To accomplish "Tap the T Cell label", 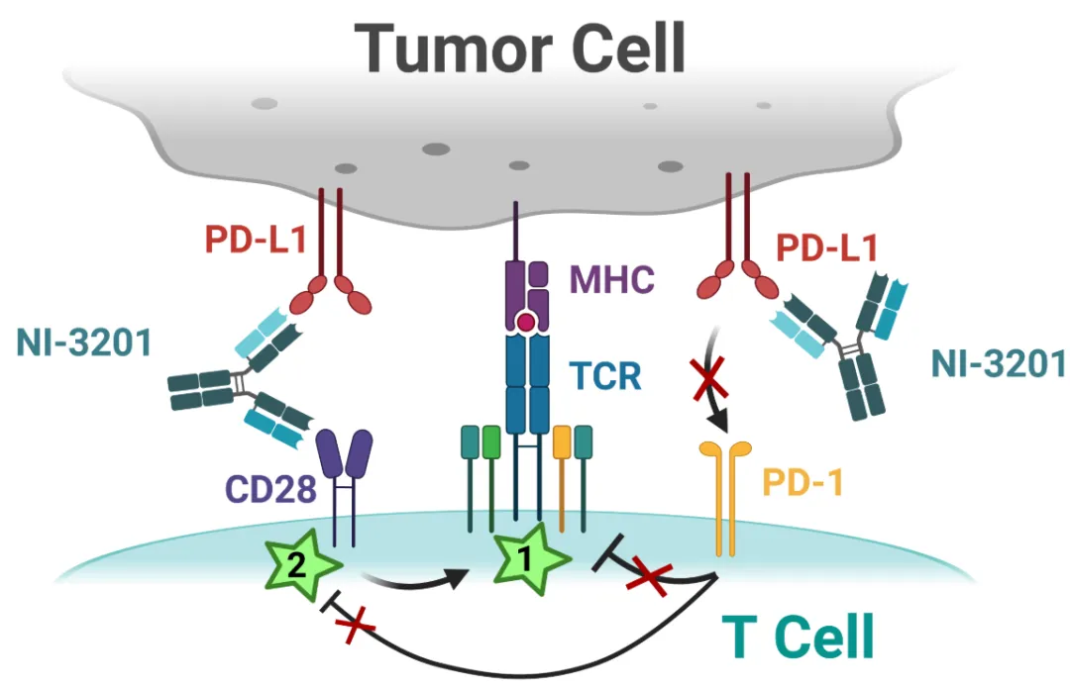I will click(798, 637).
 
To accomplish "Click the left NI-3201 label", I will click(84, 344).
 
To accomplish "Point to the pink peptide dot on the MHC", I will click(526, 323).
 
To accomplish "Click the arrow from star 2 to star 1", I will click(416, 575).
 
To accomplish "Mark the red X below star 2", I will click(357, 626).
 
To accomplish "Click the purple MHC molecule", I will click(526, 287).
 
